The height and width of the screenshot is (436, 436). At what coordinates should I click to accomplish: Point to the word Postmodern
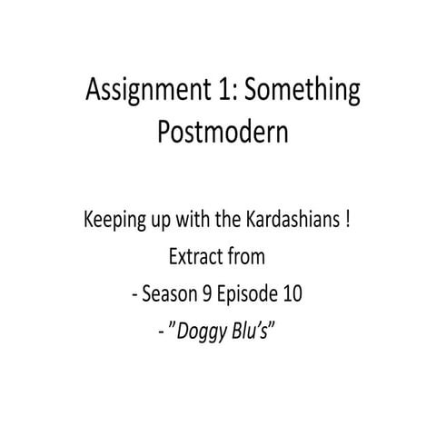(x=217, y=133)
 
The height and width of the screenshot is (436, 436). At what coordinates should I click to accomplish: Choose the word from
(x=245, y=257)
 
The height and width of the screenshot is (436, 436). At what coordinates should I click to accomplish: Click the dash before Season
(x=134, y=295)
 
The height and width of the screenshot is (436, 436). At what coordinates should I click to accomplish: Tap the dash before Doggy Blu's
(x=161, y=332)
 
